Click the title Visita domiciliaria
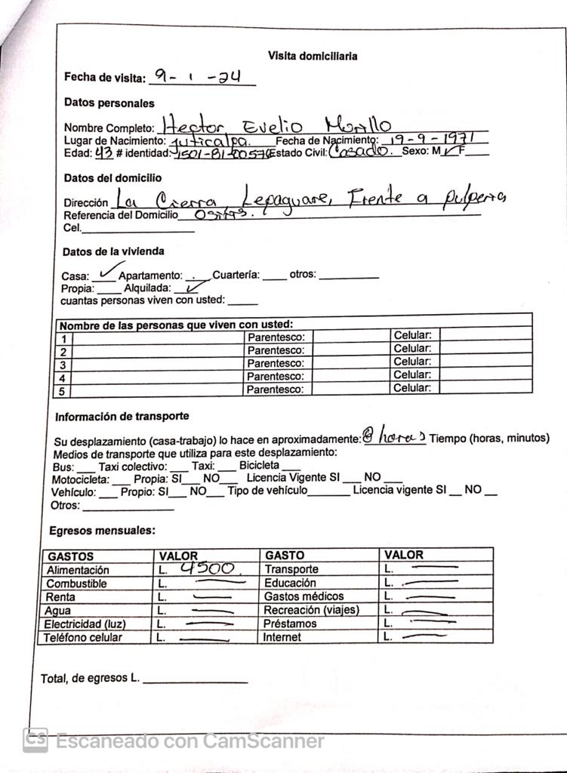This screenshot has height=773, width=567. (x=313, y=56)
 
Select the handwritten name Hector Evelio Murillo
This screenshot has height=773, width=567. (x=277, y=125)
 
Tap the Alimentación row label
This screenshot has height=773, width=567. (x=78, y=570)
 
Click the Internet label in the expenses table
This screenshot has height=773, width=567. (x=282, y=637)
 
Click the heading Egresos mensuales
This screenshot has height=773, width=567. (x=102, y=531)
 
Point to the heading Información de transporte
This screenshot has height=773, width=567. (x=122, y=416)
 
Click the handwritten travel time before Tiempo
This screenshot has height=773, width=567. (x=393, y=436)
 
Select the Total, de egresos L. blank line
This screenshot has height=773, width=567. (x=195, y=679)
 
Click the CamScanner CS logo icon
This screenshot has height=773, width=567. (x=35, y=740)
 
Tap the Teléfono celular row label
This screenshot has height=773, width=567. (x=82, y=637)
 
